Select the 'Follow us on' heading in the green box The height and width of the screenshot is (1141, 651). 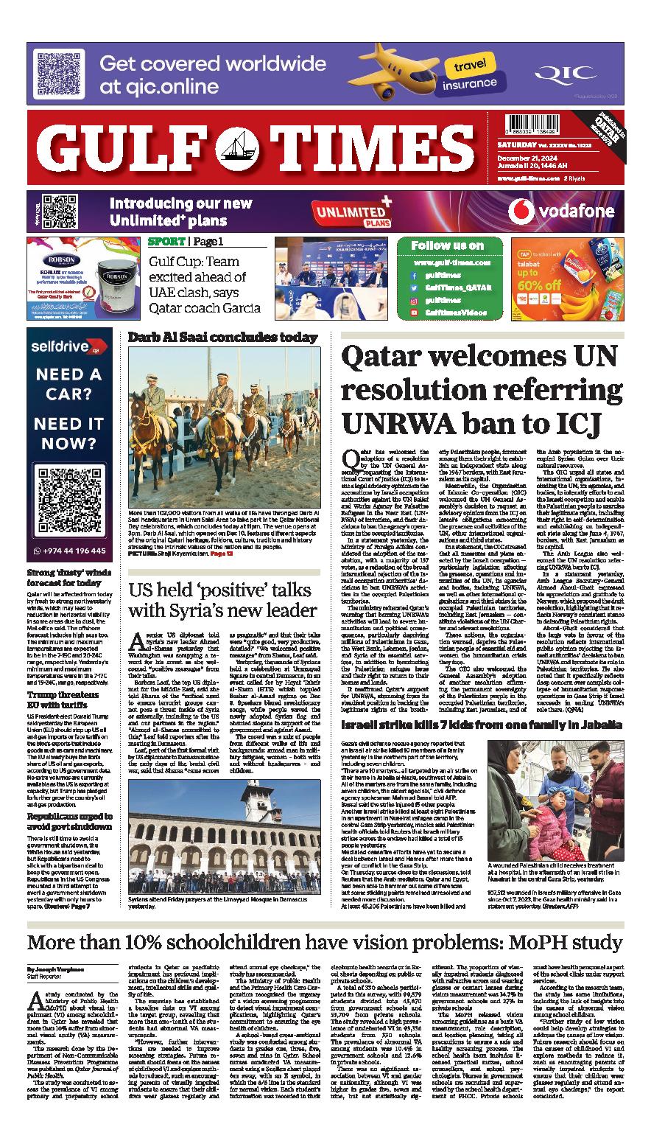click(447, 245)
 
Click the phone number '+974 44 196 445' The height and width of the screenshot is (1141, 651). click(71, 550)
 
